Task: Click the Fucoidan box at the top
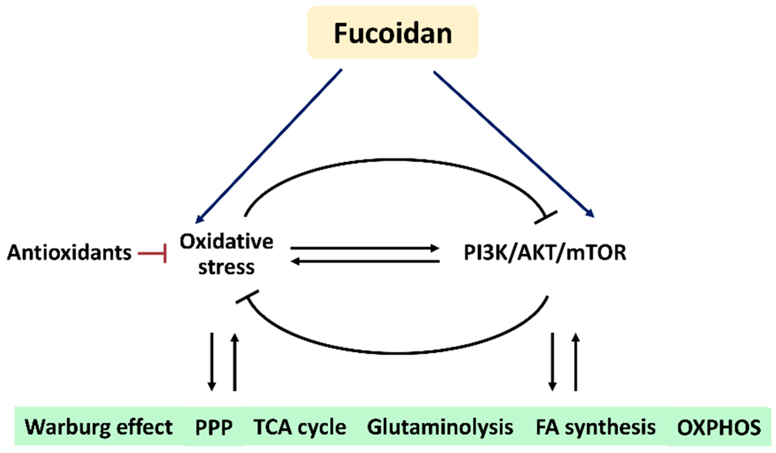point(393,33)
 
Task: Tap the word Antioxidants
point(69,253)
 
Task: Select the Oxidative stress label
point(226,254)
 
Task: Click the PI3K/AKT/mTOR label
point(545,253)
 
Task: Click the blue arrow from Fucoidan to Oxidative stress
point(269,145)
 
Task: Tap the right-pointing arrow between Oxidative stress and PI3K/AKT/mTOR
point(365,248)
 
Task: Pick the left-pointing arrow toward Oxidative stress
point(365,262)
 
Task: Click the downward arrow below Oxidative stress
point(212,362)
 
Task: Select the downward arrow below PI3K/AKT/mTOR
point(552,362)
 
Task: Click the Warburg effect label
point(99,427)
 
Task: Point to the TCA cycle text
point(299,427)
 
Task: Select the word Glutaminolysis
point(440,427)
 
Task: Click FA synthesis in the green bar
point(595,427)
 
